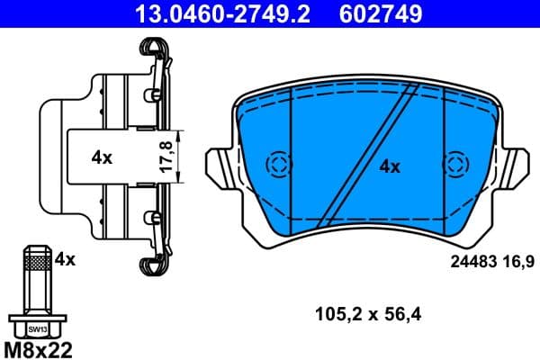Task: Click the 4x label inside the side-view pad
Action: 101,157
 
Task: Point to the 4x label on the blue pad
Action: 389,166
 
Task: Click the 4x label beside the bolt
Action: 64,259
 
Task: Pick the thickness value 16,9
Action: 516,262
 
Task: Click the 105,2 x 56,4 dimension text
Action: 369,314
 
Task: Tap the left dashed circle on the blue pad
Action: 279,165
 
